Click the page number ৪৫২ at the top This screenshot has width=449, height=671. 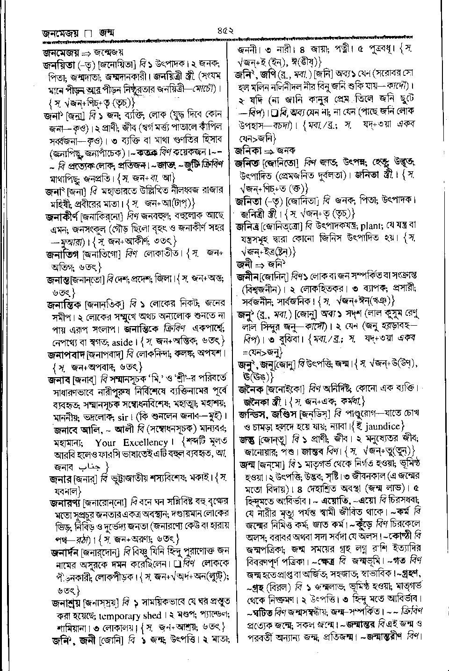click(225, 32)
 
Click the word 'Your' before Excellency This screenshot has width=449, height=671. click(105, 442)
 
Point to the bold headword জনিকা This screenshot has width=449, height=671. click(248, 151)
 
